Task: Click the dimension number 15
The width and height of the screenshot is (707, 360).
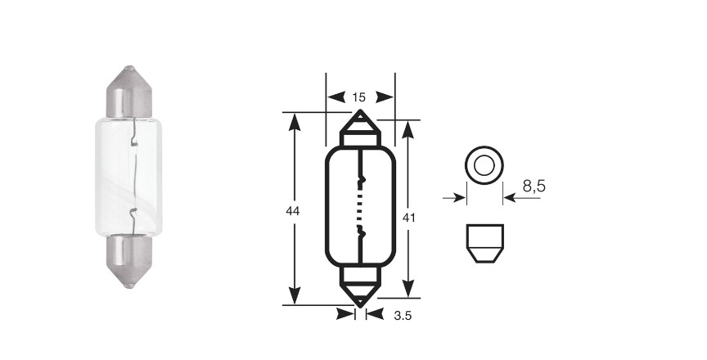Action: [x=359, y=97]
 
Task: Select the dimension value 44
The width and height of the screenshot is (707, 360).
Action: [x=293, y=210]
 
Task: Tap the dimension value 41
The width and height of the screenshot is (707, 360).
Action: [x=408, y=218]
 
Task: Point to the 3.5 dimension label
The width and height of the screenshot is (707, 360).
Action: [x=403, y=316]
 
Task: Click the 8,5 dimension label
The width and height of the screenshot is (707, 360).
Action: [x=534, y=186]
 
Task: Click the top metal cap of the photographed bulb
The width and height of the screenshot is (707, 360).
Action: [x=129, y=92]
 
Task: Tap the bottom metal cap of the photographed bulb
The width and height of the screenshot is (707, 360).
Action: [x=129, y=261]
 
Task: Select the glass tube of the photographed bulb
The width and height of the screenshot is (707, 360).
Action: [x=129, y=177]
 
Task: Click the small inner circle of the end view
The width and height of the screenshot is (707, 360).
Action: [x=484, y=165]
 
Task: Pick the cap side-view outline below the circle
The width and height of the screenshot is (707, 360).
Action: [x=484, y=243]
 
